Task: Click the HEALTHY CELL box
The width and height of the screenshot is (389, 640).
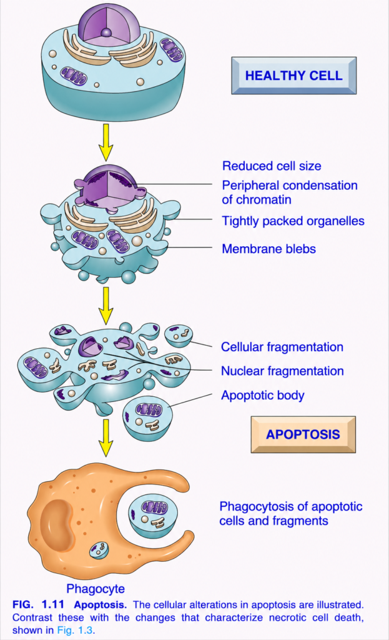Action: click(x=293, y=76)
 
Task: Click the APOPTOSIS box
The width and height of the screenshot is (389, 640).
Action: click(x=303, y=434)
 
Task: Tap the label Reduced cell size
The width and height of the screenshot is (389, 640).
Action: click(x=272, y=166)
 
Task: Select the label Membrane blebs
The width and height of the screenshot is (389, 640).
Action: click(x=268, y=249)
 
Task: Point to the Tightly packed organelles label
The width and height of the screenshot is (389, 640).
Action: click(x=293, y=221)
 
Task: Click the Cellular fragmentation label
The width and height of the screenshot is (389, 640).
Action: click(x=282, y=347)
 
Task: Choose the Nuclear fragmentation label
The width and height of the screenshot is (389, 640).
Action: click(x=282, y=371)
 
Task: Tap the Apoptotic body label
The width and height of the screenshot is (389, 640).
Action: click(x=263, y=396)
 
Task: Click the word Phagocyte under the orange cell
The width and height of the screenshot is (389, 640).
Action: click(x=96, y=589)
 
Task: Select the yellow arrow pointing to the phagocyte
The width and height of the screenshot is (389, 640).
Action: click(x=106, y=437)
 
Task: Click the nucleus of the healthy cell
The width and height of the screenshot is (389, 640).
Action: click(x=107, y=24)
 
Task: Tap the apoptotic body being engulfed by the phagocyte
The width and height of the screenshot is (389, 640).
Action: click(x=153, y=516)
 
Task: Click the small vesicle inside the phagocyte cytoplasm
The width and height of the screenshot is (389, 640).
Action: click(x=99, y=551)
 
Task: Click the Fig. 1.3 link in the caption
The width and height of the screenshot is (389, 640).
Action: click(x=75, y=630)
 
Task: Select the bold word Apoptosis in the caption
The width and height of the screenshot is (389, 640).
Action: click(x=101, y=605)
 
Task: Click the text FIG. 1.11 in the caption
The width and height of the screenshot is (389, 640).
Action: click(x=38, y=604)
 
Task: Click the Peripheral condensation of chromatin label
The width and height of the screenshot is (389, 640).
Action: click(x=290, y=192)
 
